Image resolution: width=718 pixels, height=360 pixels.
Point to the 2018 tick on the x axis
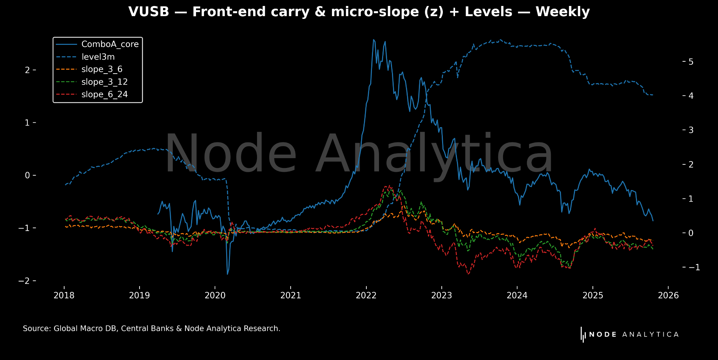64,296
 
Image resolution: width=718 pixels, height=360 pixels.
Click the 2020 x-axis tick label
215,296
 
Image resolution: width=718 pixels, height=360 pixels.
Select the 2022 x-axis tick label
366,296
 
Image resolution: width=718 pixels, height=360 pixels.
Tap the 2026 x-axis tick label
668,296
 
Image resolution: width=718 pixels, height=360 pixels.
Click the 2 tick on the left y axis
27,70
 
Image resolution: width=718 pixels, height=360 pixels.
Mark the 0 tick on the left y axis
27,175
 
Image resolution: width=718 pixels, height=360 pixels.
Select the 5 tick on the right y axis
691,62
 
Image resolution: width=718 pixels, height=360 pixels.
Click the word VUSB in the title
149,12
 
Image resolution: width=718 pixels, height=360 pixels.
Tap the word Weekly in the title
563,12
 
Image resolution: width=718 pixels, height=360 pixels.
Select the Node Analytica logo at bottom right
630,334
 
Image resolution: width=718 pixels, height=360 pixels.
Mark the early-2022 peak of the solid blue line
373,40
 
